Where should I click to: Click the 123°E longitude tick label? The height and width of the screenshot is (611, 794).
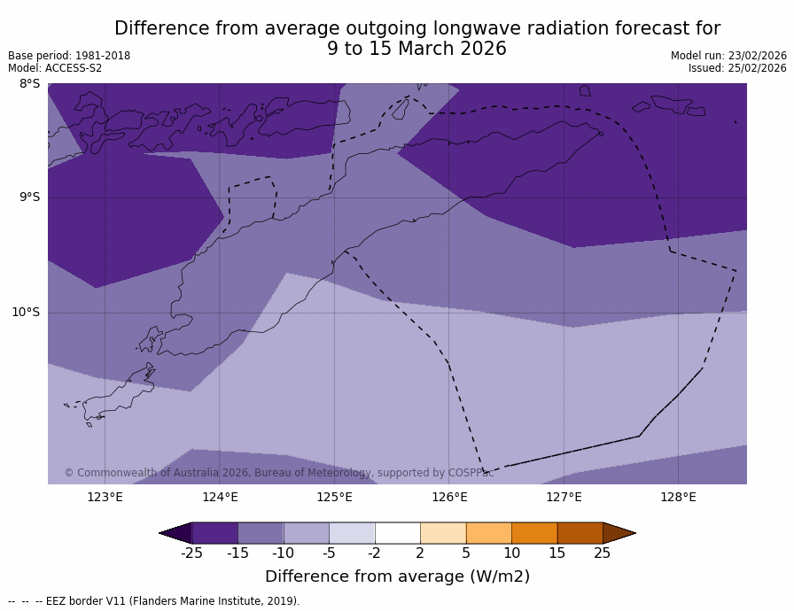tap(105, 497)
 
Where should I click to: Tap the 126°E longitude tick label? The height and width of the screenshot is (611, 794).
tap(449, 497)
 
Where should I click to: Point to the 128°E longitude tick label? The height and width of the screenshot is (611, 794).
tap(678, 497)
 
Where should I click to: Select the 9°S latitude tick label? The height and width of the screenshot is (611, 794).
tap(29, 197)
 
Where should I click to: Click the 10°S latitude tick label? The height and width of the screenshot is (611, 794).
tap(26, 312)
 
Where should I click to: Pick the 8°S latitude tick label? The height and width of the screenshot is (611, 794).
tap(29, 84)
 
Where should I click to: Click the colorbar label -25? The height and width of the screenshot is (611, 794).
tap(191, 553)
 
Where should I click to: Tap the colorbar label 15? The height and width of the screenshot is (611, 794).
tap(557, 553)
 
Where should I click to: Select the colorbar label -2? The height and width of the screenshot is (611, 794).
tap(374, 553)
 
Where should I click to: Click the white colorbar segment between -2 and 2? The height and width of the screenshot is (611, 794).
tap(397, 533)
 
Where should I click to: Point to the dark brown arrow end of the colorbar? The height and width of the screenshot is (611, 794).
tap(618, 533)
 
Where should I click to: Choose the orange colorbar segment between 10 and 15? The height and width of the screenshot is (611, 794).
tap(534, 533)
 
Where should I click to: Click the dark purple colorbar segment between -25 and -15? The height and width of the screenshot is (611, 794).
tap(214, 533)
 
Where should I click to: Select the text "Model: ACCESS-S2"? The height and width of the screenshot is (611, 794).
tap(55, 68)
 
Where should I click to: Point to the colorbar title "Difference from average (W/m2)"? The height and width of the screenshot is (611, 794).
tap(397, 576)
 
